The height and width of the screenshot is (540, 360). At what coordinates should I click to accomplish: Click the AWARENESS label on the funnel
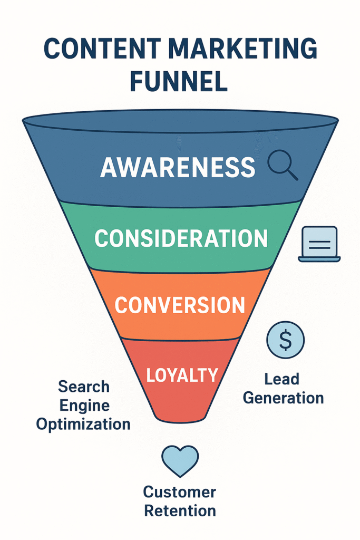pyautogui.click(x=178, y=168)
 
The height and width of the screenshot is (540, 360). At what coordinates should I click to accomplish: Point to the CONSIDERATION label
pyautogui.click(x=181, y=239)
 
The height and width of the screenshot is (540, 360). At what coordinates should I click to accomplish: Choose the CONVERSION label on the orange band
pyautogui.click(x=180, y=305)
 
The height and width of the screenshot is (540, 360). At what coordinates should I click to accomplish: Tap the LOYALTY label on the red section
pyautogui.click(x=182, y=375)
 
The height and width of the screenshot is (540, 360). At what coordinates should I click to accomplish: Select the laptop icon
pyautogui.click(x=319, y=244)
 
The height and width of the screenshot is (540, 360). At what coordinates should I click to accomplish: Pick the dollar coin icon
pyautogui.click(x=285, y=340)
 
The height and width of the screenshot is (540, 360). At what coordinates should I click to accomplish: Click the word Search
pyautogui.click(x=84, y=387)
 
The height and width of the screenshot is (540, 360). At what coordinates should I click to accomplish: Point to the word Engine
pyautogui.click(x=84, y=406)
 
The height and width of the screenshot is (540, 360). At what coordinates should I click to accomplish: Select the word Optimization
pyautogui.click(x=83, y=424)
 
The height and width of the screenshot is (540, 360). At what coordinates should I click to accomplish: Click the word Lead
pyautogui.click(x=283, y=379)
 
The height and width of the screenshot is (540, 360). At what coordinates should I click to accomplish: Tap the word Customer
pyautogui.click(x=180, y=493)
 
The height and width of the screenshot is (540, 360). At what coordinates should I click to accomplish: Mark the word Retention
pyautogui.click(x=180, y=511)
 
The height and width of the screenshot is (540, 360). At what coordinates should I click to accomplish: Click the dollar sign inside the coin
pyautogui.click(x=285, y=340)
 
